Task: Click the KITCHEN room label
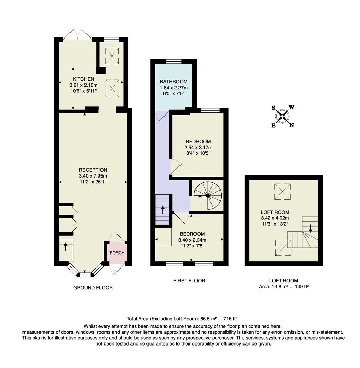(x=83, y=79)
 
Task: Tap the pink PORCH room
(x=116, y=253)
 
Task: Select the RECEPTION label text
(x=93, y=170)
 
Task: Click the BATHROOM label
(x=174, y=81)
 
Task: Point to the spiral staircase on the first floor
(x=207, y=196)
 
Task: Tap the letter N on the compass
(x=292, y=125)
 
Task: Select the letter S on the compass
(x=273, y=108)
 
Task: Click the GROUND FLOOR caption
(x=93, y=288)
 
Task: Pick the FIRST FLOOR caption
(x=189, y=281)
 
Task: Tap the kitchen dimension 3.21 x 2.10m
(x=83, y=85)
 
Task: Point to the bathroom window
(x=174, y=62)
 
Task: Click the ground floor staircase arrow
(x=65, y=246)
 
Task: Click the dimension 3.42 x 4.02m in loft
(x=275, y=218)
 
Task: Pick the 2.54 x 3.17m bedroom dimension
(x=198, y=148)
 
